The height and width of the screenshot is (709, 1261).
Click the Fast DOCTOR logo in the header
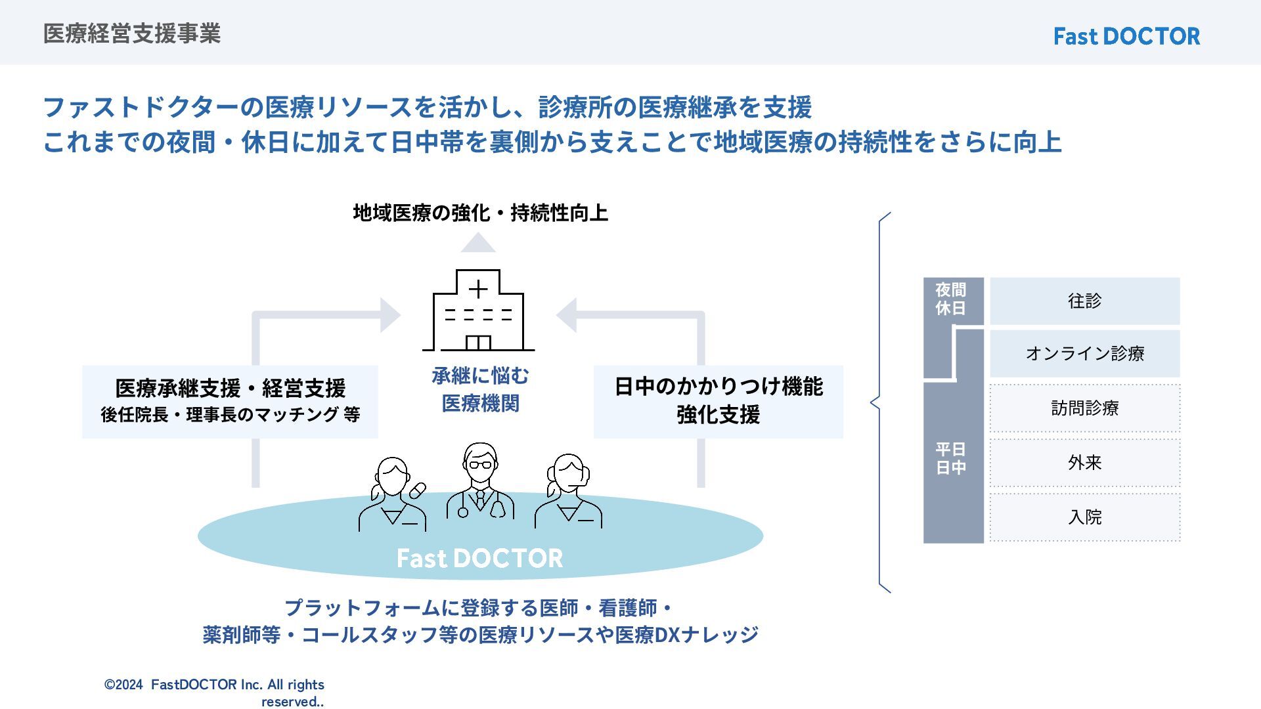coord(1126,36)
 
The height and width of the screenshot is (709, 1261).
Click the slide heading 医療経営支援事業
coord(132,33)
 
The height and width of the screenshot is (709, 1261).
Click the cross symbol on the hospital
coord(478,289)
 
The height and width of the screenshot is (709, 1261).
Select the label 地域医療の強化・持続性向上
coord(480,213)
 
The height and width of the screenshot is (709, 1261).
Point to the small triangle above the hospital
coord(478,244)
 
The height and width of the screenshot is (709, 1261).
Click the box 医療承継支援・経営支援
coord(230,400)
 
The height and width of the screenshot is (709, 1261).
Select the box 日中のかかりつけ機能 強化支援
coord(718,400)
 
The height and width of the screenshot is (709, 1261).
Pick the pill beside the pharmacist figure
coord(418,490)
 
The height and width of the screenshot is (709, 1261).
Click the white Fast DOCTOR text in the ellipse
coord(480,558)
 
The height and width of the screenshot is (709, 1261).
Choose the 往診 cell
coord(1084,301)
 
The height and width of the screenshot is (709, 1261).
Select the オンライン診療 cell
coord(1084,354)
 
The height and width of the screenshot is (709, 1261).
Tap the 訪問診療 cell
coord(1084,408)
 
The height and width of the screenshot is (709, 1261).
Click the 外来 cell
coord(1084,463)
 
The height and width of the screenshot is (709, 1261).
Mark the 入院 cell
coord(1084,517)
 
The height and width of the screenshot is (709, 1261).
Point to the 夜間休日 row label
coord(950,299)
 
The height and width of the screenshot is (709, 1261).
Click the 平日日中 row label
coord(950,458)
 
